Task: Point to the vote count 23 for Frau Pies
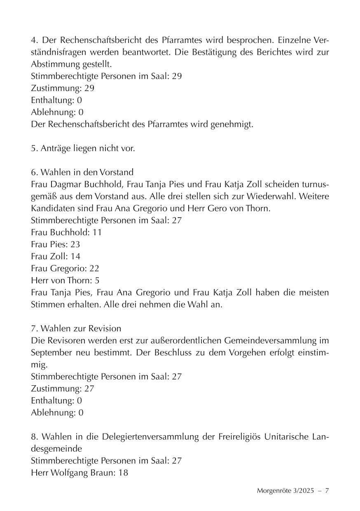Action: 75,244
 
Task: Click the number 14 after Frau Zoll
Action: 75,256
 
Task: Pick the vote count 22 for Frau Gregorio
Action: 94,268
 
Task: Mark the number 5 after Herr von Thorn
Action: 97,280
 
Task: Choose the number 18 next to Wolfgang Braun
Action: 123,473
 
